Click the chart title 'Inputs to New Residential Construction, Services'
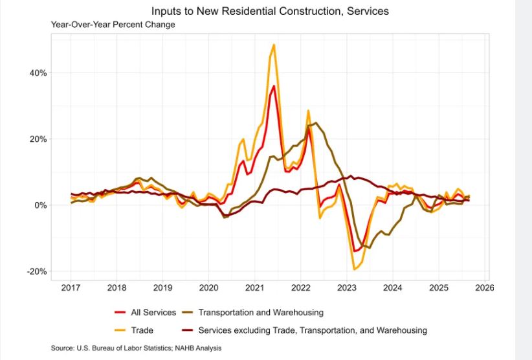tap(270, 11)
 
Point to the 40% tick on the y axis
tap(38, 73)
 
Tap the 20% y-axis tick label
tap(38, 139)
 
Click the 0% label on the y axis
tap(40, 205)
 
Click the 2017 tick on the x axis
tap(71, 287)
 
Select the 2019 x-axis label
tap(162, 287)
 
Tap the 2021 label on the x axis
tap(255, 287)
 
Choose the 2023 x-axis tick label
tap(347, 287)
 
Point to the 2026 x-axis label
tap(485, 287)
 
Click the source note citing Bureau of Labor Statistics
tap(136, 348)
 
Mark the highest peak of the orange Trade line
tap(274, 45)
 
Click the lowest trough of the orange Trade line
tap(354, 269)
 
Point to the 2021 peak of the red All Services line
tap(274, 85)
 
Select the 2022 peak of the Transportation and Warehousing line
tap(316, 122)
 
